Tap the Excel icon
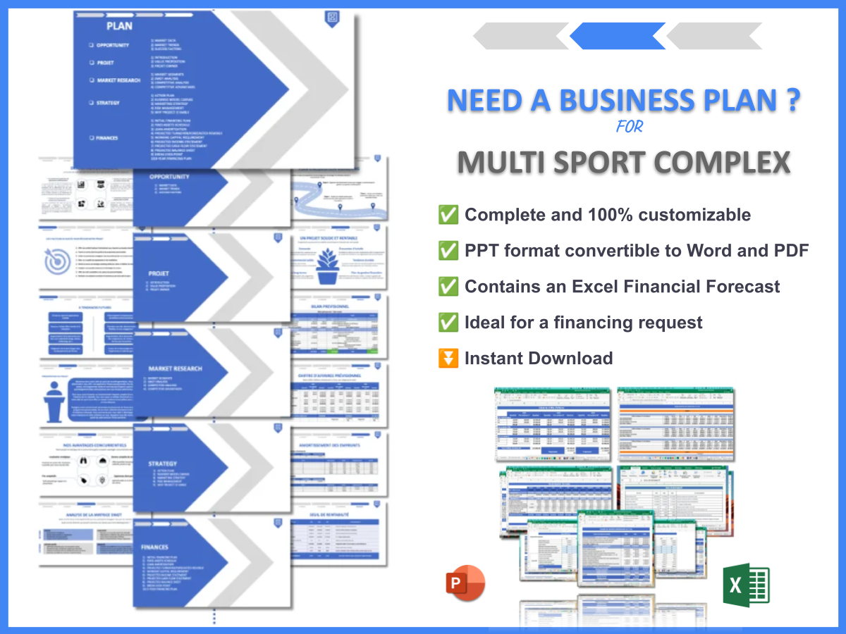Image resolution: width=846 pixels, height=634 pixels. [746, 585]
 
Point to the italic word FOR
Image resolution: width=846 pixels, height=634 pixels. [630, 128]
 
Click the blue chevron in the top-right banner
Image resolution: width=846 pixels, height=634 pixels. [618, 36]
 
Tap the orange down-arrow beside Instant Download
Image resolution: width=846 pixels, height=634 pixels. [448, 358]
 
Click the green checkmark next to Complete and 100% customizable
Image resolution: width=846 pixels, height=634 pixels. [448, 214]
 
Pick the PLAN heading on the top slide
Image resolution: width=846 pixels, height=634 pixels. [120, 26]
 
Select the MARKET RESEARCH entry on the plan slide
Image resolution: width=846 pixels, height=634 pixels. [118, 80]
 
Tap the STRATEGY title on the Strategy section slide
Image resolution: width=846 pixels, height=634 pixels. [163, 464]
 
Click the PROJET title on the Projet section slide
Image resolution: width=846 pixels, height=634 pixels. [159, 273]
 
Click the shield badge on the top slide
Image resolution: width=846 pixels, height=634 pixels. [331, 18]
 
